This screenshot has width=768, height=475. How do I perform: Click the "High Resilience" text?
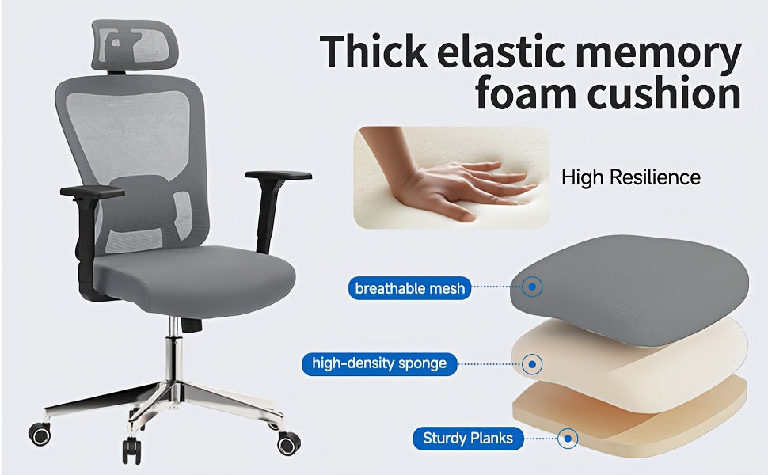(631, 177)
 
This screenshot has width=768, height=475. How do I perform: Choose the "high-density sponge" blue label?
(379, 364)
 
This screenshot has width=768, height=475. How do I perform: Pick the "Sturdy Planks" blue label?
(468, 438)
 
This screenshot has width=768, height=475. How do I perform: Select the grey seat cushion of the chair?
(194, 277)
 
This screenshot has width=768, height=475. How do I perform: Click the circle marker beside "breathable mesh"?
(533, 287)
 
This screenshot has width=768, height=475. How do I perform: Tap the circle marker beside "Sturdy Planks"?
(567, 438)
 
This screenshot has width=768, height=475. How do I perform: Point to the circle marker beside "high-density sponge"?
(533, 364)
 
